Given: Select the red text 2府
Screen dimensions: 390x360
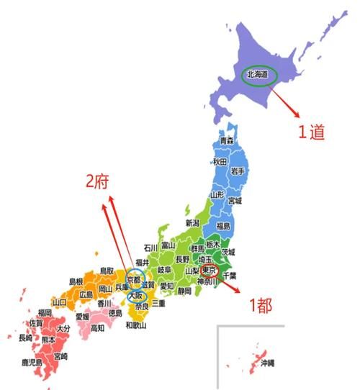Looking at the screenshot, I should click(99, 183).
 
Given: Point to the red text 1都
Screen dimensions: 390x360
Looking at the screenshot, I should click(260, 305).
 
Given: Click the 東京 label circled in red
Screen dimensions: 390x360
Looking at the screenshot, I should click(210, 271).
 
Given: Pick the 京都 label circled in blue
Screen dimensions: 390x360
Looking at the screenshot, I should click(135, 279).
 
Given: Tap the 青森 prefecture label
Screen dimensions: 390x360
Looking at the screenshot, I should click(227, 140).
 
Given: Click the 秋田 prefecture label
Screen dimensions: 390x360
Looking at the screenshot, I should click(220, 162).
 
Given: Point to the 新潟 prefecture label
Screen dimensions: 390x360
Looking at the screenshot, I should click(192, 223).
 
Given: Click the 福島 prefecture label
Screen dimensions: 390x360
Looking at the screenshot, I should click(222, 226).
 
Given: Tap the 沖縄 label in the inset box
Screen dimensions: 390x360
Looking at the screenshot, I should click(267, 363).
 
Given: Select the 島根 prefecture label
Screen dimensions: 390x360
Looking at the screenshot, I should click(76, 281).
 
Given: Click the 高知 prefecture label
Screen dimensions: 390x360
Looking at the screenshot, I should click(97, 327).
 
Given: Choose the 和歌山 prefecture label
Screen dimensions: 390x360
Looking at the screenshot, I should click(136, 325).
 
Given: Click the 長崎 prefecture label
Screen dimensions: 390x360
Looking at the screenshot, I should click(25, 337).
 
